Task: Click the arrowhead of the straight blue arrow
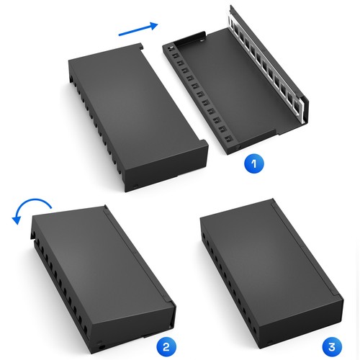(151, 24)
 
